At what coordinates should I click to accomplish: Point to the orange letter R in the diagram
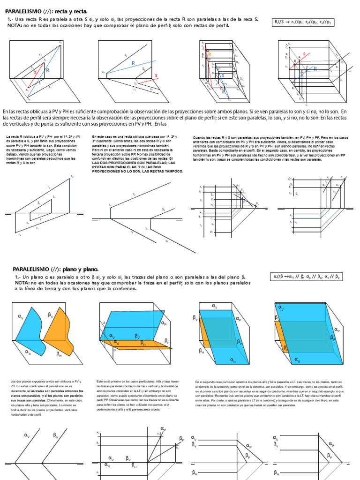tap(210, 54)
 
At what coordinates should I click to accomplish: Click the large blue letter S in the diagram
tap(222, 75)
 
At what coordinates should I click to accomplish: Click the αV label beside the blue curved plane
tap(21, 317)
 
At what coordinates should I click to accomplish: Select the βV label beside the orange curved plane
tap(51, 315)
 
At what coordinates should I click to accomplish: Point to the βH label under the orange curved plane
tap(60, 355)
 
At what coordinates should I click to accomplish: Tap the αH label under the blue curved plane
tap(28, 351)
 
